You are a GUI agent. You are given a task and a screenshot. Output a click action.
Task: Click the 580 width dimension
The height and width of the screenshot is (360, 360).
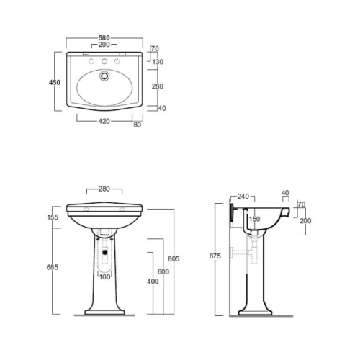click(x=104, y=38)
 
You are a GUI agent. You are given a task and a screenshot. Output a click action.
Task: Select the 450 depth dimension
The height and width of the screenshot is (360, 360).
click(x=55, y=82)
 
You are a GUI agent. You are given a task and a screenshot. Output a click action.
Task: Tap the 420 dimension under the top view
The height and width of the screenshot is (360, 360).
click(x=104, y=121)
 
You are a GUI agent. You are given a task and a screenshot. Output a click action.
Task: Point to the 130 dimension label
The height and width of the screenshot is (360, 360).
click(x=158, y=62)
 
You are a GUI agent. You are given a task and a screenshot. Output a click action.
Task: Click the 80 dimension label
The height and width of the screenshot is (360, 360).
click(x=138, y=125)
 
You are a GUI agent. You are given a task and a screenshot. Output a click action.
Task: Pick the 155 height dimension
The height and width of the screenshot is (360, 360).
click(x=53, y=217)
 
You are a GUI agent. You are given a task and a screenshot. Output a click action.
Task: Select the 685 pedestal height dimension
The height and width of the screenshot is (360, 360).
click(x=53, y=267)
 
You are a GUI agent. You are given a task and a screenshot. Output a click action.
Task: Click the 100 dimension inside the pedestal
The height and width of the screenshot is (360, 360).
click(x=105, y=277)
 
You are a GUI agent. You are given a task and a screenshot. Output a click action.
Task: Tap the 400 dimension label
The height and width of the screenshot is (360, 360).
click(x=153, y=282)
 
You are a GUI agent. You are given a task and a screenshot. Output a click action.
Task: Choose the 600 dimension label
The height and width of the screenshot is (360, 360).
click(x=163, y=271)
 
